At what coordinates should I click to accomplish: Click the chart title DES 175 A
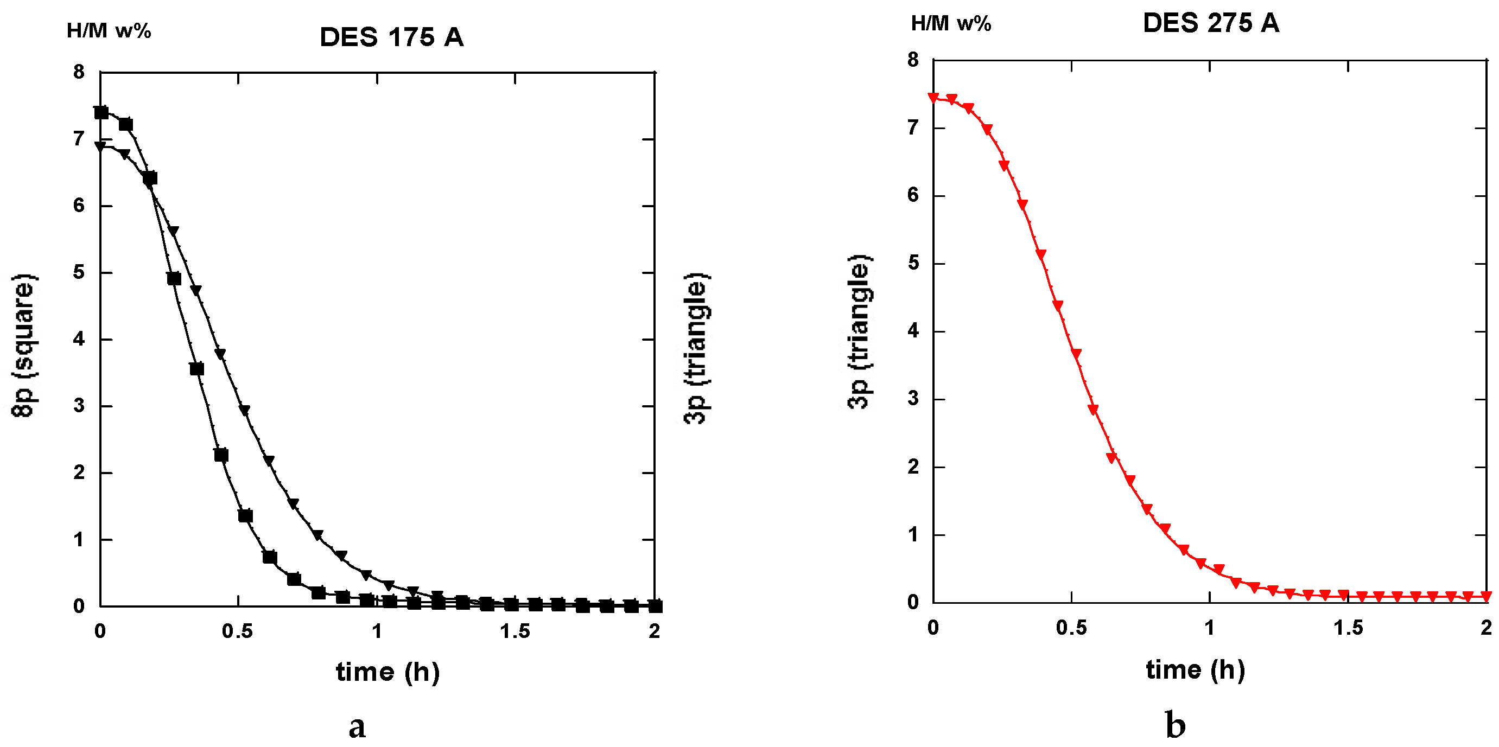392,37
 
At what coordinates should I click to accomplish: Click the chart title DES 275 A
1210,23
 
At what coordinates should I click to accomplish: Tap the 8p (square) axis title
24,344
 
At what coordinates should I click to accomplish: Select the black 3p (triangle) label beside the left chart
696,348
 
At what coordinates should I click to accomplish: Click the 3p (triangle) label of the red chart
860,331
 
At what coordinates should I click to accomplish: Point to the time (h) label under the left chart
388,673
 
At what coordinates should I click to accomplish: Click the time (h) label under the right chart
1195,669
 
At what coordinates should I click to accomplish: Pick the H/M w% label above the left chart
109,30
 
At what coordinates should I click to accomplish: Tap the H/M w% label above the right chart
951,23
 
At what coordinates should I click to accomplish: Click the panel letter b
1176,725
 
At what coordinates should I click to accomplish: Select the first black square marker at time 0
101,112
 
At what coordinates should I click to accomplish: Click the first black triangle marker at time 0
100,146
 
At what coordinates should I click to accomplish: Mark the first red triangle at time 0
933,98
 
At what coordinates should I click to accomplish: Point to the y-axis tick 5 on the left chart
79,272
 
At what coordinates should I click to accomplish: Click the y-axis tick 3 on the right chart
913,399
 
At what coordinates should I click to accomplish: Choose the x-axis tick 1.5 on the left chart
515,631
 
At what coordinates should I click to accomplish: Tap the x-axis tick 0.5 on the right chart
1071,628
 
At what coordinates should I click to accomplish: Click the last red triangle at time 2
1486,596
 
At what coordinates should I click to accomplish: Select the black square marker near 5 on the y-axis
174,279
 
